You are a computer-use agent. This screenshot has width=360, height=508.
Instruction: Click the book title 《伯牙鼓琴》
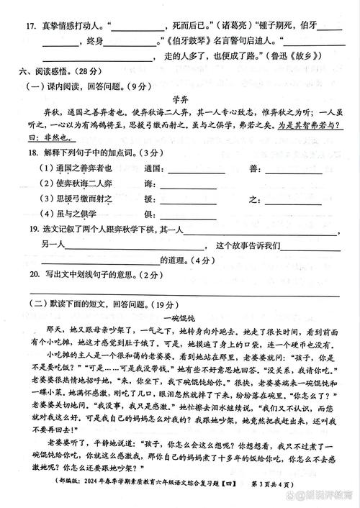pos(186,44)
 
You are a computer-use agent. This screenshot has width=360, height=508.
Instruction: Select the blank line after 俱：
pos(188,215)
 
